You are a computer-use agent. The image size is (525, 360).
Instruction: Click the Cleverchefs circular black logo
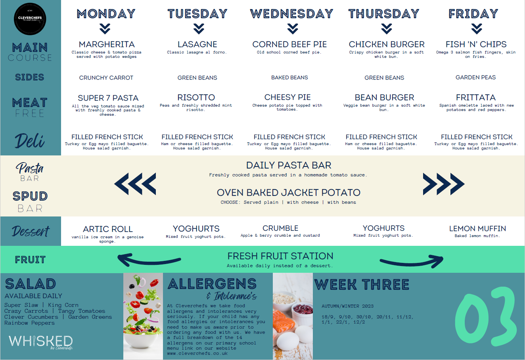click(30, 19)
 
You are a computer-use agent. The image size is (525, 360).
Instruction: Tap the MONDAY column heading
click(106, 13)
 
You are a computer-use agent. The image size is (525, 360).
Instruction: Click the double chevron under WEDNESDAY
click(293, 29)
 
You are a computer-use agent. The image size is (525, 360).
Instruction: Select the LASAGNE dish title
click(197, 44)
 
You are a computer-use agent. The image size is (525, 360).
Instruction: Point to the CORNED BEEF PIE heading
click(289, 44)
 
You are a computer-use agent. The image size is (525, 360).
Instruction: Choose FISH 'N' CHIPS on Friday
click(476, 44)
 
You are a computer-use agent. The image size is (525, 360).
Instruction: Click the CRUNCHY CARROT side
click(106, 78)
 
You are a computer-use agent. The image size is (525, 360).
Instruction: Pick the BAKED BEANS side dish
click(289, 78)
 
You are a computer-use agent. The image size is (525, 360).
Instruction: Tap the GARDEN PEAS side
click(475, 77)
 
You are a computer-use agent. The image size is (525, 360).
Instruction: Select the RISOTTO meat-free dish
click(196, 97)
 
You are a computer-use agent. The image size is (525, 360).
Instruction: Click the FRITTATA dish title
click(476, 97)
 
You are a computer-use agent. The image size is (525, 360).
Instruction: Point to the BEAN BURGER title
click(384, 97)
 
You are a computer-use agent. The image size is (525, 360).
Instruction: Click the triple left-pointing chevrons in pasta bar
click(135, 184)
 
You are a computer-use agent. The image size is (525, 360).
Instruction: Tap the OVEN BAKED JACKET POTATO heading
click(289, 193)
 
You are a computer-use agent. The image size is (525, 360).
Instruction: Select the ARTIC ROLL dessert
click(108, 229)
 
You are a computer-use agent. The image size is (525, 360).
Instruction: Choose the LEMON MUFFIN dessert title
click(477, 228)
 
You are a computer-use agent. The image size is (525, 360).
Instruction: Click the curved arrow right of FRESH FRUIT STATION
click(412, 261)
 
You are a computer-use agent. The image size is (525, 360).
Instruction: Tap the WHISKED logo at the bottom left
click(41, 342)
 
